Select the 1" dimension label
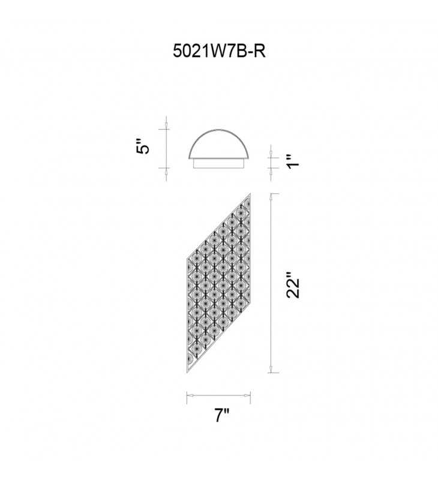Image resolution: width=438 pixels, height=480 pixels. [292, 160]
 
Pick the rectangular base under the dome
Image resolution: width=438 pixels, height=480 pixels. [219, 164]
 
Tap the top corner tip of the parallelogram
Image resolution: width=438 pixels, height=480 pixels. [250, 195]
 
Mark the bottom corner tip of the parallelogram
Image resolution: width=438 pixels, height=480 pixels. [188, 371]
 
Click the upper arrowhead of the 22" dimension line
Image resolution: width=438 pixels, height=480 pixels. [272, 197]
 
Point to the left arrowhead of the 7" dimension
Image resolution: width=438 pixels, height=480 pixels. [190, 395]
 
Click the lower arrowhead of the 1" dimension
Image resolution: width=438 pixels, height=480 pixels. [272, 169]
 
